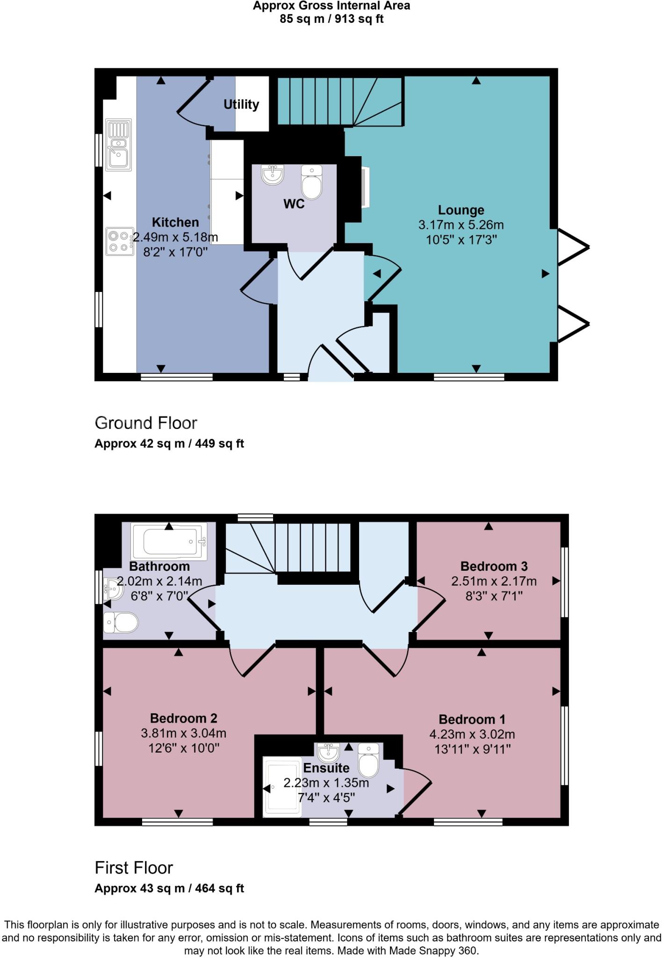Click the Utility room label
(x=241, y=104)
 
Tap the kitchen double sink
(x=118, y=145)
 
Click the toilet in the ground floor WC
(x=311, y=182)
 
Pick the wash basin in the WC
(x=273, y=174)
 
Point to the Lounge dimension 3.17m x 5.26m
(x=461, y=225)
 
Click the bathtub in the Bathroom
(x=169, y=541)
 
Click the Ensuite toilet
(x=369, y=760)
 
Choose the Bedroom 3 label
(x=494, y=566)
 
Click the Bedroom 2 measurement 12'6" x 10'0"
(x=184, y=748)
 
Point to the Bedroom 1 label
(x=472, y=719)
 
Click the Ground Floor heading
(x=146, y=423)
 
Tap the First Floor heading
(x=134, y=868)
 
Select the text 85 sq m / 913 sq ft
(x=331, y=19)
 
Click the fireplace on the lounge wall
(x=365, y=187)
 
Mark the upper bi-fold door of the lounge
(x=573, y=247)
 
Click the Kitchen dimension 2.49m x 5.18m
(x=175, y=237)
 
